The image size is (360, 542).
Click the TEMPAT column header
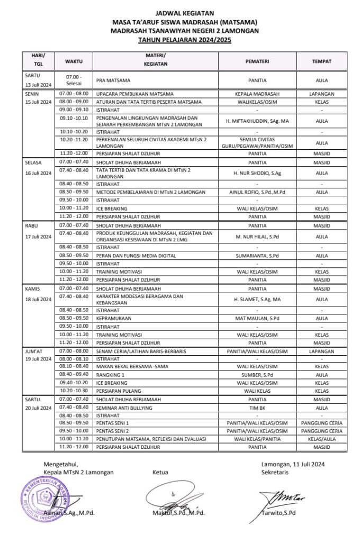[321, 61]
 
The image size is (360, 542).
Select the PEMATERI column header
[257, 61]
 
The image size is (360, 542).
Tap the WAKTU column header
[74, 61]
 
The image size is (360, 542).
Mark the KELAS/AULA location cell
[321, 439]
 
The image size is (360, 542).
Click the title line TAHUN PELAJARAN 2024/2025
[185, 40]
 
